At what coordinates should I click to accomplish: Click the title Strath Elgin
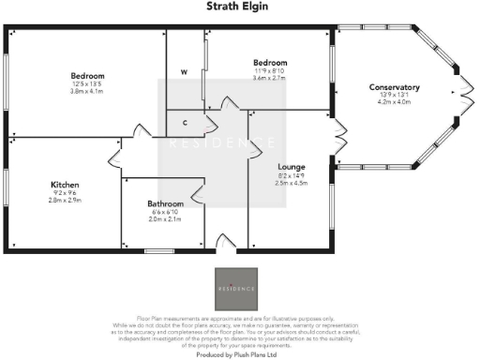point(239,7)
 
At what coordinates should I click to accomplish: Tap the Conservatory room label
point(394,88)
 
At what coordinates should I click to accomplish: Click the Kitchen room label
point(65,186)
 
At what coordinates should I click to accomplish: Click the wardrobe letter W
point(184,71)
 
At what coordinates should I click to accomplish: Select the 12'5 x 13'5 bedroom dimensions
point(86,84)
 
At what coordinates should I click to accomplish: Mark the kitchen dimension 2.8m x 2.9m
point(65,201)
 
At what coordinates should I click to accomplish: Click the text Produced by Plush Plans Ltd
point(239,355)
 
